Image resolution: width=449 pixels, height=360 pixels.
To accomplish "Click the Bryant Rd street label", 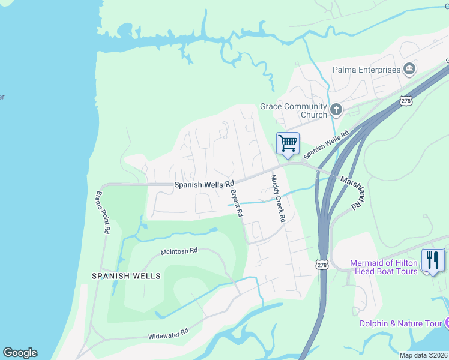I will [236, 203].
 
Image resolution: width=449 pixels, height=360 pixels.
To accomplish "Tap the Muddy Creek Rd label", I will [277, 199].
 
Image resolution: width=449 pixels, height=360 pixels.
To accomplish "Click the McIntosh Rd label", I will [179, 251].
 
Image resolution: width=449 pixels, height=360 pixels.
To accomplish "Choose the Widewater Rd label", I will [169, 334].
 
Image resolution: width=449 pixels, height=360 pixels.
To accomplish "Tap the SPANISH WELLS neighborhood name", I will [126, 276].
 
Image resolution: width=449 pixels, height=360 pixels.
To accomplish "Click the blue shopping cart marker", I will [288, 144].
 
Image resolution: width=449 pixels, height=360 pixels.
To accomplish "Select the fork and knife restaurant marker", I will [433, 260].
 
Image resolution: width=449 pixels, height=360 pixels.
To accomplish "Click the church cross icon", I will [336, 110].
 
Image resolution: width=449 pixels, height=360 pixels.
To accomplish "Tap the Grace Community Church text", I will [294, 110].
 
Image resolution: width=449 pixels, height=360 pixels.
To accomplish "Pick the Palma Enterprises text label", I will [366, 70].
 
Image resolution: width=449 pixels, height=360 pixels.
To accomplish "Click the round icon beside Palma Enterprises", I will [410, 69].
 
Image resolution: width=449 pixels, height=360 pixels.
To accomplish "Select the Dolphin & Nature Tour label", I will [400, 323].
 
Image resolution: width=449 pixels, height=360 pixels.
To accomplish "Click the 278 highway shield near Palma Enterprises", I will [407, 101].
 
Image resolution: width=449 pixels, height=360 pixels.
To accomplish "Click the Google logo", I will [20, 353].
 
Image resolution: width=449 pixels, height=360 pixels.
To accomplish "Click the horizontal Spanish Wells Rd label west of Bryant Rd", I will [203, 185].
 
